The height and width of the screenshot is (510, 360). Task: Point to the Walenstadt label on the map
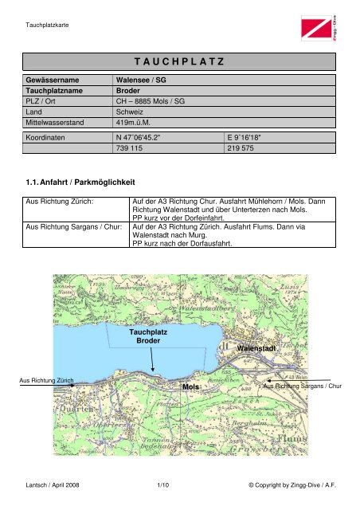coord(256,348)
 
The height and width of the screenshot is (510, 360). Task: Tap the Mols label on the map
coord(190,386)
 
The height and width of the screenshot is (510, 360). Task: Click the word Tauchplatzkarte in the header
coord(47,25)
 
